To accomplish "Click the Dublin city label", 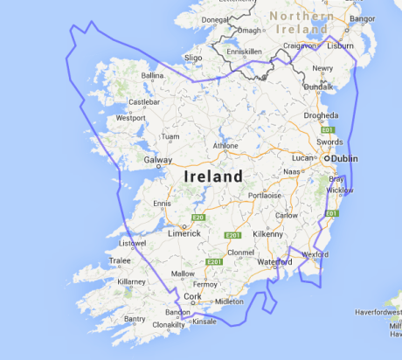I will pyautogui.click(x=344, y=161).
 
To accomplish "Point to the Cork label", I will pyautogui.click(x=192, y=297).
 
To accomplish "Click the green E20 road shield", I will pyautogui.click(x=198, y=218).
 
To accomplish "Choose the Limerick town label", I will pyautogui.click(x=184, y=233).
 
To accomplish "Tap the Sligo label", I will pyautogui.click(x=193, y=58).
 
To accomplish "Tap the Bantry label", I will pyautogui.click(x=135, y=319).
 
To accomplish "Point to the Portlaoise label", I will pyautogui.click(x=263, y=196).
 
